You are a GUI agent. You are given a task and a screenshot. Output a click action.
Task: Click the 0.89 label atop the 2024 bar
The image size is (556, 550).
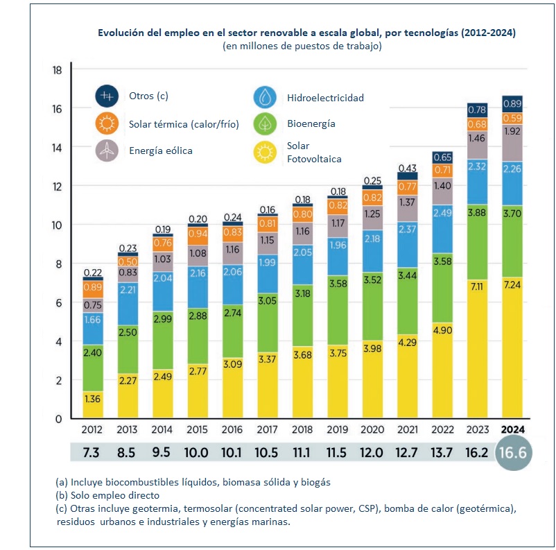[x=512, y=103]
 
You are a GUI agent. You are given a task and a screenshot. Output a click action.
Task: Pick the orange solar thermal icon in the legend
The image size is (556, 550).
[x=106, y=124]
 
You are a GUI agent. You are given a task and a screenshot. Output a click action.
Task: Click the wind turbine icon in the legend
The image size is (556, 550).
[x=106, y=150]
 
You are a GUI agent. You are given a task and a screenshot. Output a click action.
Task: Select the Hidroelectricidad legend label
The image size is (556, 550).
[x=325, y=98]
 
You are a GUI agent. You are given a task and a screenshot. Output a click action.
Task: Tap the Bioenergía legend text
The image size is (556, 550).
[x=311, y=124]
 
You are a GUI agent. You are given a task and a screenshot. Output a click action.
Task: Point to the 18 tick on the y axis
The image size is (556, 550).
[x=58, y=70]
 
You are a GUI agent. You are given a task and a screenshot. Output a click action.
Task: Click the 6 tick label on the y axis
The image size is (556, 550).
[x=58, y=303]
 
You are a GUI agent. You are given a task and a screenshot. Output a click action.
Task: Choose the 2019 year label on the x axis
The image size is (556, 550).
[x=338, y=429]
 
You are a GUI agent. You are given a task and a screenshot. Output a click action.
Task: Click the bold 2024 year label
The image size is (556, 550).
[x=512, y=429]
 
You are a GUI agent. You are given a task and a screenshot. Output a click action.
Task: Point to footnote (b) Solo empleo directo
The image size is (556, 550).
[x=110, y=495]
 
